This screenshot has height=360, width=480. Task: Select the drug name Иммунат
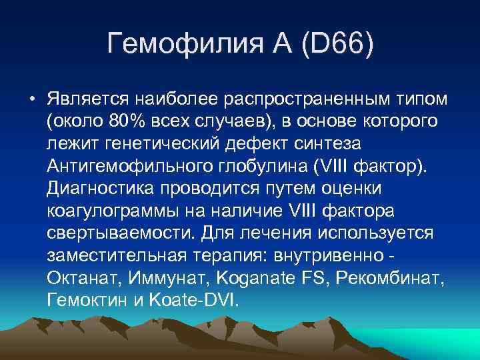(x=161, y=279)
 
